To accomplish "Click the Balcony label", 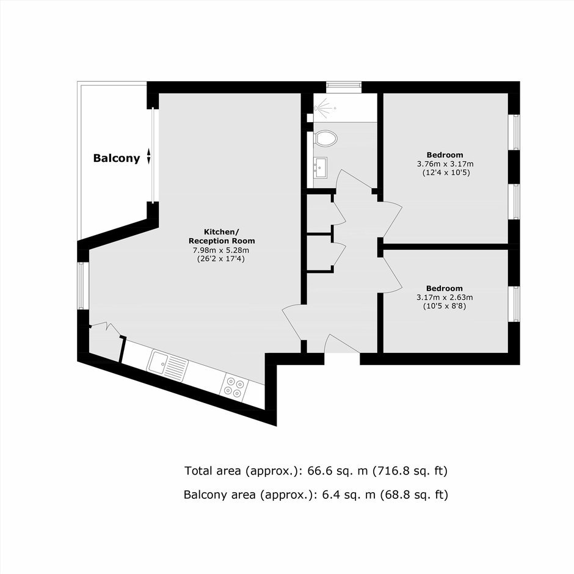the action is point(117,158).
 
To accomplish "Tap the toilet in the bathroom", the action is point(325,139).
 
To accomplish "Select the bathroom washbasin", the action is point(321,167).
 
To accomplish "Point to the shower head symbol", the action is point(324,107).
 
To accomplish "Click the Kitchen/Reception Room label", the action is point(222,236).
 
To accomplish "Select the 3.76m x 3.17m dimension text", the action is point(445,164).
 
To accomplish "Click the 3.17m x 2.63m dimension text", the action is point(445,297).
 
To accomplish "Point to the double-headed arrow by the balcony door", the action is point(148,156).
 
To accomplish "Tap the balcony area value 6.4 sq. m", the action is point(349,495).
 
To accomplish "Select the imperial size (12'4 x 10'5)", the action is point(446,172).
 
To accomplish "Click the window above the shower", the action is point(344,87).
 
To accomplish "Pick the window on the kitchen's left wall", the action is point(83,286).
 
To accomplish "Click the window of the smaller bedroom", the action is point(514,304).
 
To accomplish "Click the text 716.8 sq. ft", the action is point(410,471).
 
